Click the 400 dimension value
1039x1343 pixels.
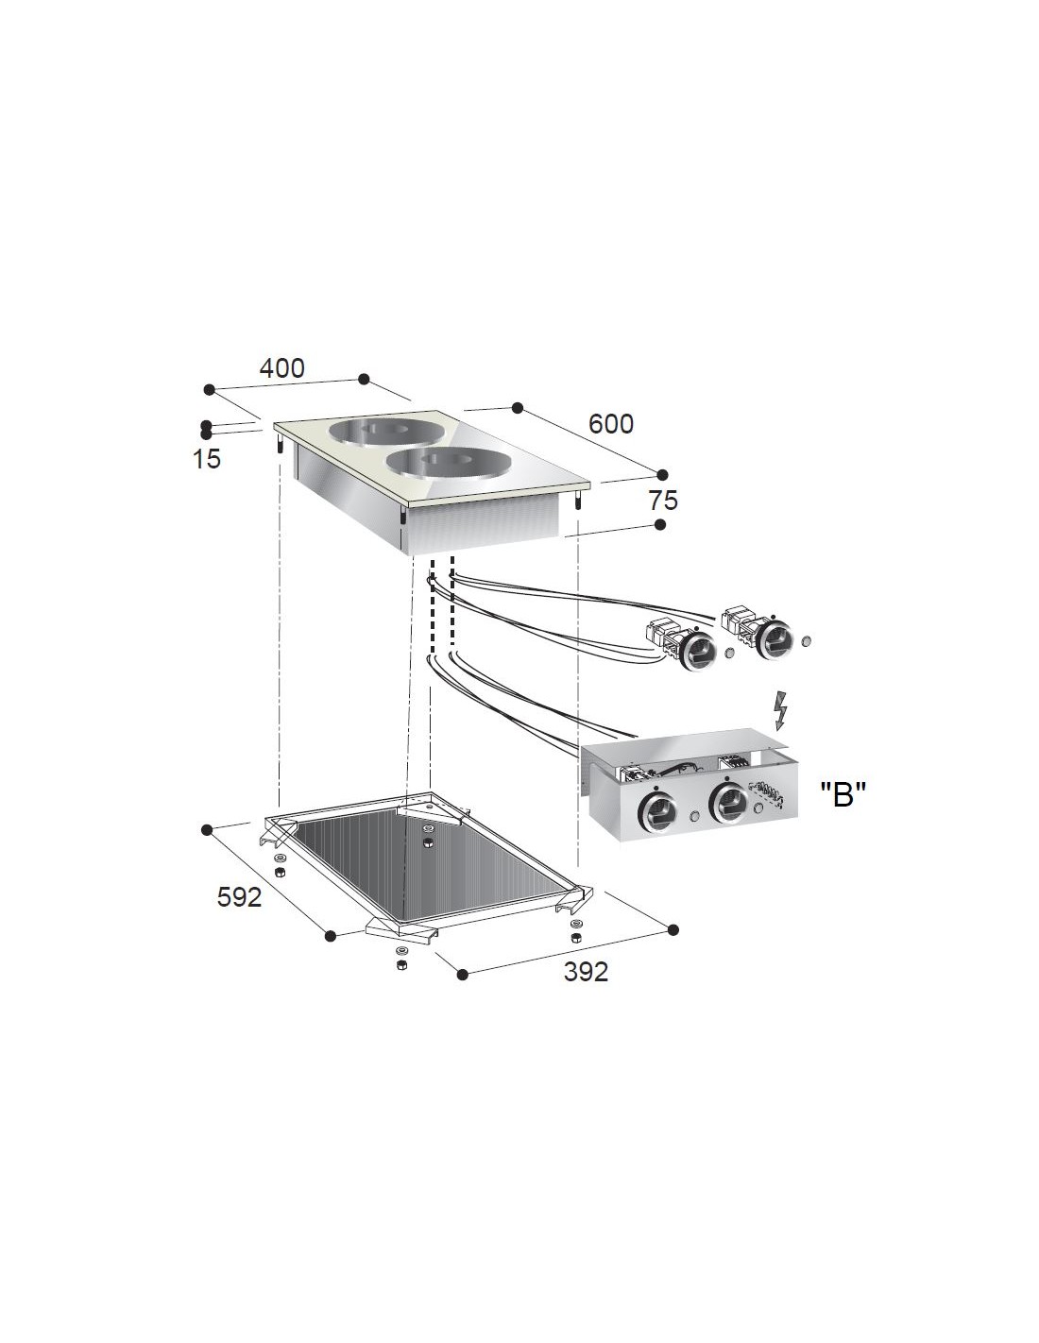pyautogui.click(x=281, y=368)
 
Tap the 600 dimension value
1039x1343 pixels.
pyautogui.click(x=611, y=424)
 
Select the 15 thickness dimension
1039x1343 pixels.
pyautogui.click(x=207, y=459)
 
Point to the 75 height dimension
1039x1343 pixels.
pyautogui.click(x=663, y=500)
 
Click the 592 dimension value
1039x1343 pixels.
pyautogui.click(x=240, y=896)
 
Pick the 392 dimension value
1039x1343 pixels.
pyautogui.click(x=586, y=972)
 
